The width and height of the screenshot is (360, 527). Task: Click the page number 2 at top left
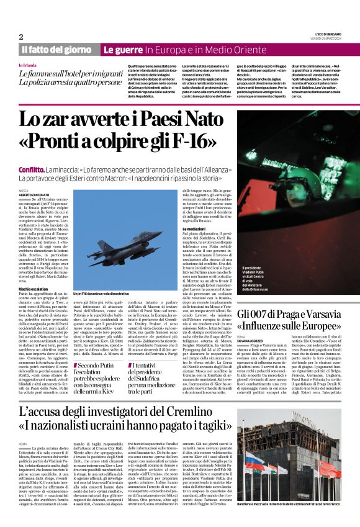point(20,37)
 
